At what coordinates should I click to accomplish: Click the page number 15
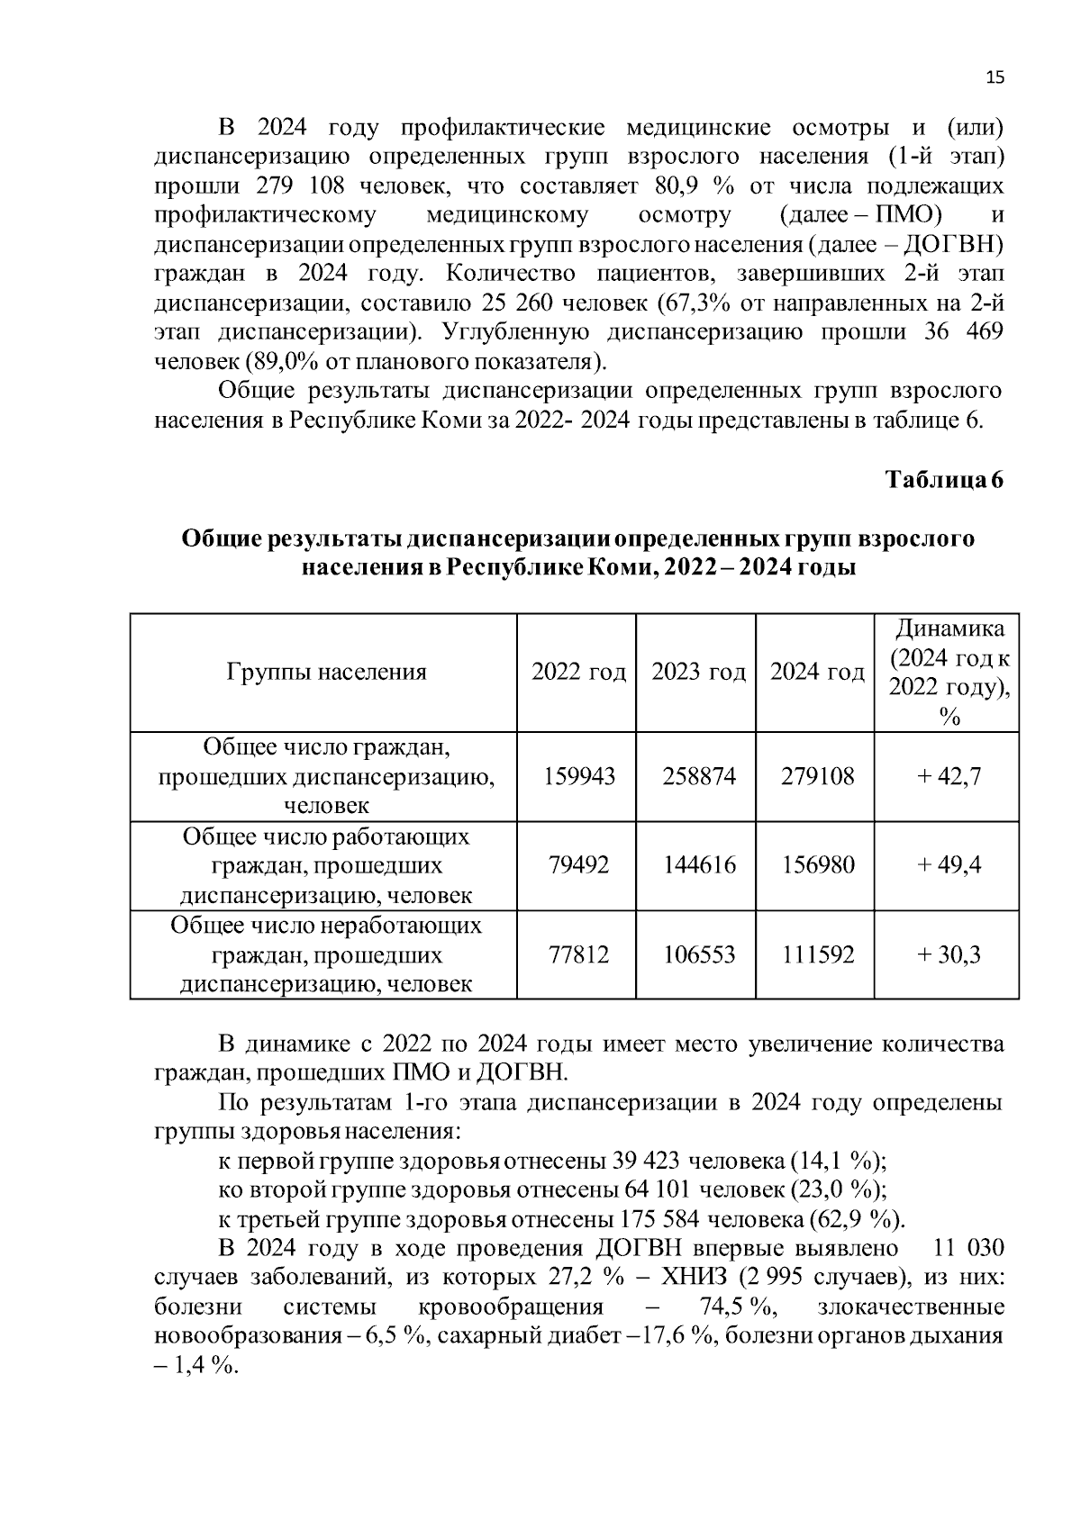click(x=995, y=77)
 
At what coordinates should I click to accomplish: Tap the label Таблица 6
click(x=944, y=479)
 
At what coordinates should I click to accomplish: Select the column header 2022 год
click(x=578, y=672)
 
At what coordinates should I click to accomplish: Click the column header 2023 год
click(x=698, y=672)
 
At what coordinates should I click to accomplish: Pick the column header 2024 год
click(x=817, y=672)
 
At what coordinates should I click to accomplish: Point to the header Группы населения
click(x=326, y=672)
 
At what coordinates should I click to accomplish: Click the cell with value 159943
click(x=578, y=776)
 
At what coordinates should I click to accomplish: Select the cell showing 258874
click(x=698, y=776)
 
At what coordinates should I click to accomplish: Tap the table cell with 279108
click(x=817, y=776)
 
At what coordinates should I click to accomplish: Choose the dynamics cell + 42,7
click(x=948, y=776)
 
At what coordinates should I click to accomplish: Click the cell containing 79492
click(x=578, y=865)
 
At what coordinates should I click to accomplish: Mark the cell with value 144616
click(x=698, y=865)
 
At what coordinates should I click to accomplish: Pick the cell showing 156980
click(x=817, y=865)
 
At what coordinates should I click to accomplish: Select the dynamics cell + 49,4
click(x=948, y=865)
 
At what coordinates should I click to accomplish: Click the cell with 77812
click(x=578, y=954)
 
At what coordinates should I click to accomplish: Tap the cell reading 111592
click(x=817, y=954)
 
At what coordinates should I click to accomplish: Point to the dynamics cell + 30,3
click(x=948, y=954)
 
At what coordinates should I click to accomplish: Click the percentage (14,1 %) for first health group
click(x=838, y=1161)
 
